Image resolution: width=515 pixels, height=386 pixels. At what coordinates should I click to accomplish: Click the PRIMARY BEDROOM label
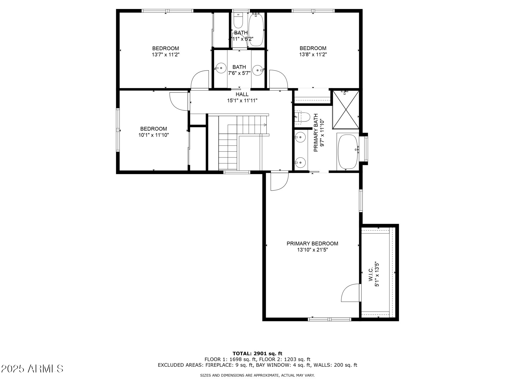tap(312, 244)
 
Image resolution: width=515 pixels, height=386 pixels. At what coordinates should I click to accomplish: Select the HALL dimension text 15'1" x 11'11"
tap(242, 101)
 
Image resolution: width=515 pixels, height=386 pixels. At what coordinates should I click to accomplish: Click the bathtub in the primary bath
tap(347, 152)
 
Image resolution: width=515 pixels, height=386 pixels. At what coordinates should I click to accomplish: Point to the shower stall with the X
tap(346, 109)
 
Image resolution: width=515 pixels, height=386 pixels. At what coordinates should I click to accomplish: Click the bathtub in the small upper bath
tap(256, 30)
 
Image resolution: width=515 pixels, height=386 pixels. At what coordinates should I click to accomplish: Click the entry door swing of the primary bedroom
tap(279, 182)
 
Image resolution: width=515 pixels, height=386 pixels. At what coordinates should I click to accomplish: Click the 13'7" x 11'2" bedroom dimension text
tap(165, 55)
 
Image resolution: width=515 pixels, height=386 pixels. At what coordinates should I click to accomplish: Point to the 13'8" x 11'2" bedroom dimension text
tap(313, 55)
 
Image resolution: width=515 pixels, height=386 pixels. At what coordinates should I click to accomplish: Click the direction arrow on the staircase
tap(265, 125)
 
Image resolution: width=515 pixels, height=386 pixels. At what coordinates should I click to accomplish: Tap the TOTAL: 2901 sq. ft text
tap(257, 353)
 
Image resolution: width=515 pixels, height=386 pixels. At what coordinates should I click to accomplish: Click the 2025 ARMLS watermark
tap(32, 369)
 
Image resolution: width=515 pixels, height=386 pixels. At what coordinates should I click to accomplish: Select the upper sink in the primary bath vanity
tap(300, 138)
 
